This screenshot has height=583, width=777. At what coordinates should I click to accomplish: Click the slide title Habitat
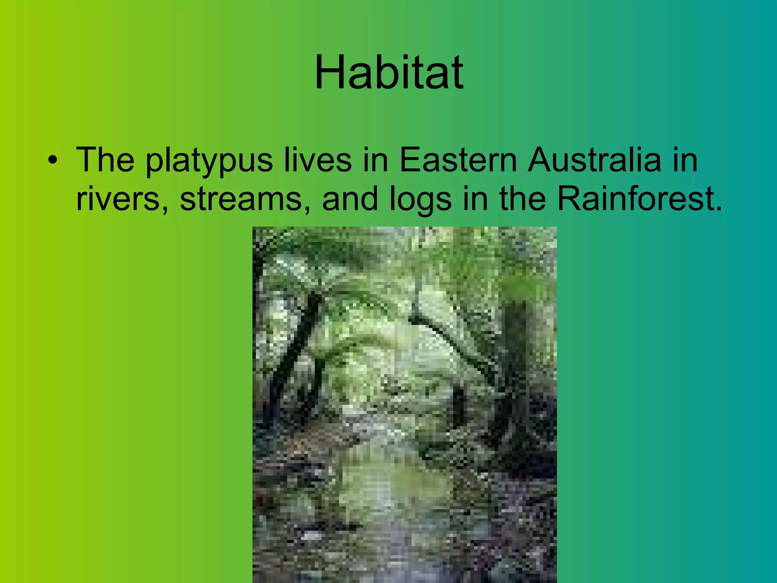(389, 72)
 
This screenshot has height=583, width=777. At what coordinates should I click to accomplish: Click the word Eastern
(458, 160)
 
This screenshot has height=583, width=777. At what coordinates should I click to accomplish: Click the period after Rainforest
(718, 209)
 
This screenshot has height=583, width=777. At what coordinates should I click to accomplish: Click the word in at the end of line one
(685, 160)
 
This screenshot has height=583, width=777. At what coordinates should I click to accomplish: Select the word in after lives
(376, 160)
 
